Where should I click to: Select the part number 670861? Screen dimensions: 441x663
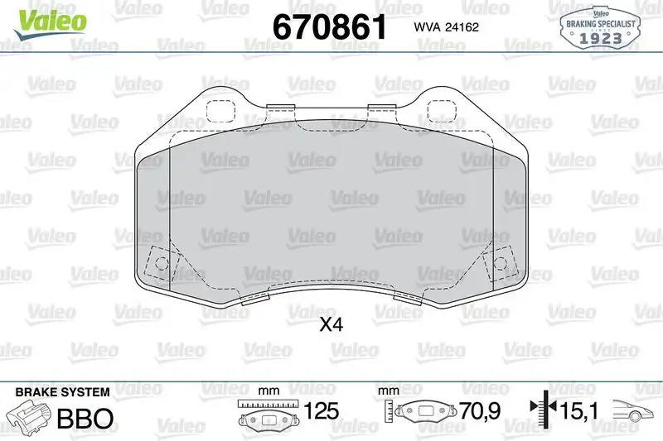point(330,26)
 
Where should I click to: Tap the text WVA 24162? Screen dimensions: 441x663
point(442,27)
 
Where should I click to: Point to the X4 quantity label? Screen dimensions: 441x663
point(331,325)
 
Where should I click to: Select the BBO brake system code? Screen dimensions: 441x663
point(84,418)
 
